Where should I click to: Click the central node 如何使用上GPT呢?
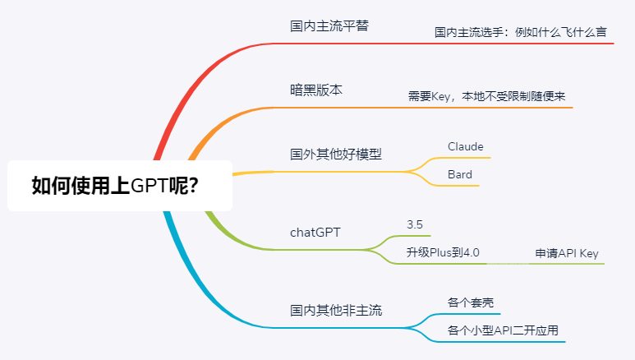(x=120, y=186)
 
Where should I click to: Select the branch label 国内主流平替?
(x=329, y=26)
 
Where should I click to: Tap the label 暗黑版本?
(x=316, y=90)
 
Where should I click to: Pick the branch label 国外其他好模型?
(x=336, y=154)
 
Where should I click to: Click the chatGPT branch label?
(x=315, y=233)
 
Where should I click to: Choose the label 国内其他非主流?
(x=336, y=310)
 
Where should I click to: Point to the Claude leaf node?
(x=465, y=146)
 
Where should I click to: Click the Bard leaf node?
(x=460, y=174)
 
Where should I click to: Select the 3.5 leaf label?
(x=415, y=224)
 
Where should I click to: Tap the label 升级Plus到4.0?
(x=443, y=252)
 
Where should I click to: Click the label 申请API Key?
(x=567, y=253)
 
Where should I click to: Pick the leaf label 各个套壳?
(x=471, y=302)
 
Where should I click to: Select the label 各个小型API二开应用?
(x=503, y=330)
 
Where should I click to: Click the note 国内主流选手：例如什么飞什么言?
(x=520, y=32)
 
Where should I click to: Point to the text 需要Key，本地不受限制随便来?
(x=486, y=96)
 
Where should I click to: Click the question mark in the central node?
(x=194, y=186)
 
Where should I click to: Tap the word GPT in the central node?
(x=149, y=186)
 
